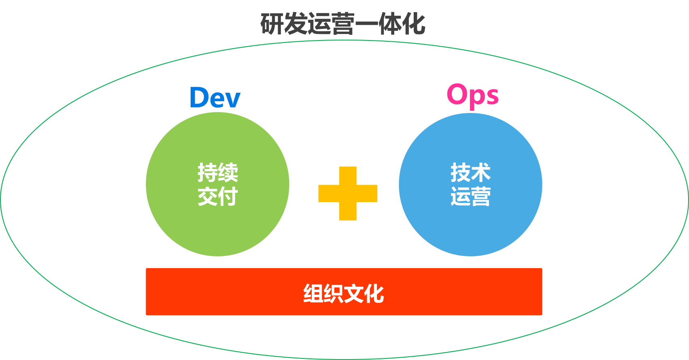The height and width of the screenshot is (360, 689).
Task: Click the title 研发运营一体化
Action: coord(342,24)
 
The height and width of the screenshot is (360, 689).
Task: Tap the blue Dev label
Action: coord(215,98)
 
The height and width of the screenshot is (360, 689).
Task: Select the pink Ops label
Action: coord(472,95)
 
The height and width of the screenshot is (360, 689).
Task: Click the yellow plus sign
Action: coord(348,194)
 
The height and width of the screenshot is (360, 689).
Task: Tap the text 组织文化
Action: coord(344,293)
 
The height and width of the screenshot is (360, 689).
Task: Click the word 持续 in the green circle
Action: coord(218,173)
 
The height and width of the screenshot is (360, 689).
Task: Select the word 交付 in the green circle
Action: coord(218,197)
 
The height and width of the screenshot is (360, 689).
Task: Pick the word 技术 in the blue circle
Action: coord(470,173)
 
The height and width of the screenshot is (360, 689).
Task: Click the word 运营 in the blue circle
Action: coord(470,197)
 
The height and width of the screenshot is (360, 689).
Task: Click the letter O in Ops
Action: coord(457,94)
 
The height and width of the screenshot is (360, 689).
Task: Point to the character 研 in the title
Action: coord(272,24)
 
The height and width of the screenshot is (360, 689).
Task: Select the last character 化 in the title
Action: coord(413,24)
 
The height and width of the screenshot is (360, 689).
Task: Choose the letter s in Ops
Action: coord(492,97)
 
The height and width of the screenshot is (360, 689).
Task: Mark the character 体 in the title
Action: coord(390,24)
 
